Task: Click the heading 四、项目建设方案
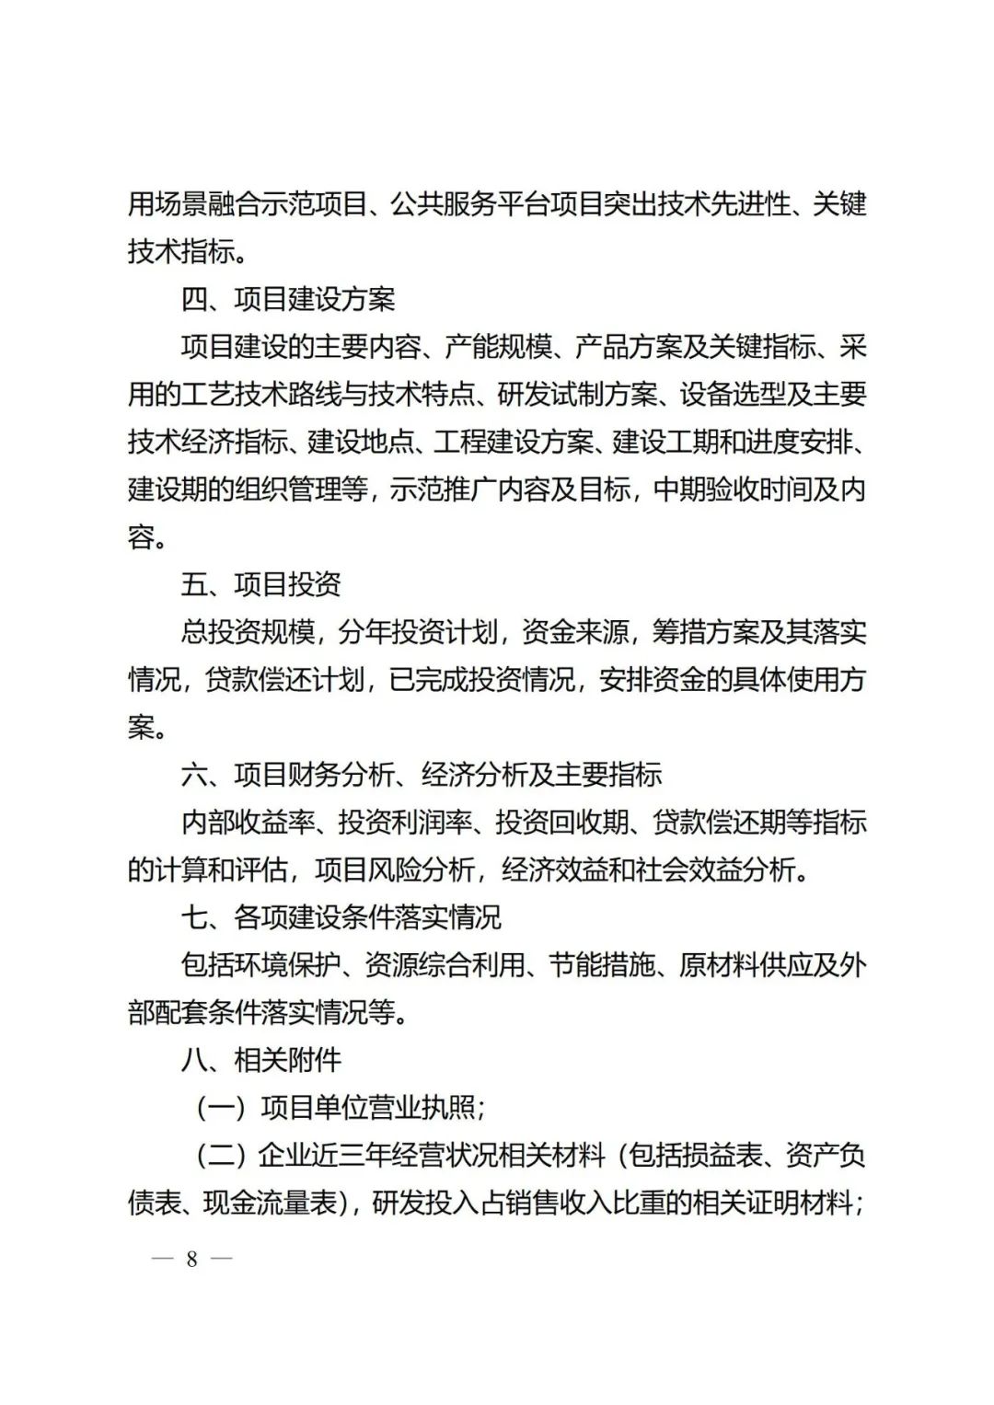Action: pos(288,299)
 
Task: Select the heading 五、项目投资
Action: pos(261,584)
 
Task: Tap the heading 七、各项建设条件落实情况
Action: pos(341,917)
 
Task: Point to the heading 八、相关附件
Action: pos(261,1060)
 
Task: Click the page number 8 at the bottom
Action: pos(191,1259)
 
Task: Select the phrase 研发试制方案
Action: pos(578,395)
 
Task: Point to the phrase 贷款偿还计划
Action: pos(285,680)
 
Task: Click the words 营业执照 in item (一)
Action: pos(422,1107)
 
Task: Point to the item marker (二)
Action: pos(221,1155)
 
